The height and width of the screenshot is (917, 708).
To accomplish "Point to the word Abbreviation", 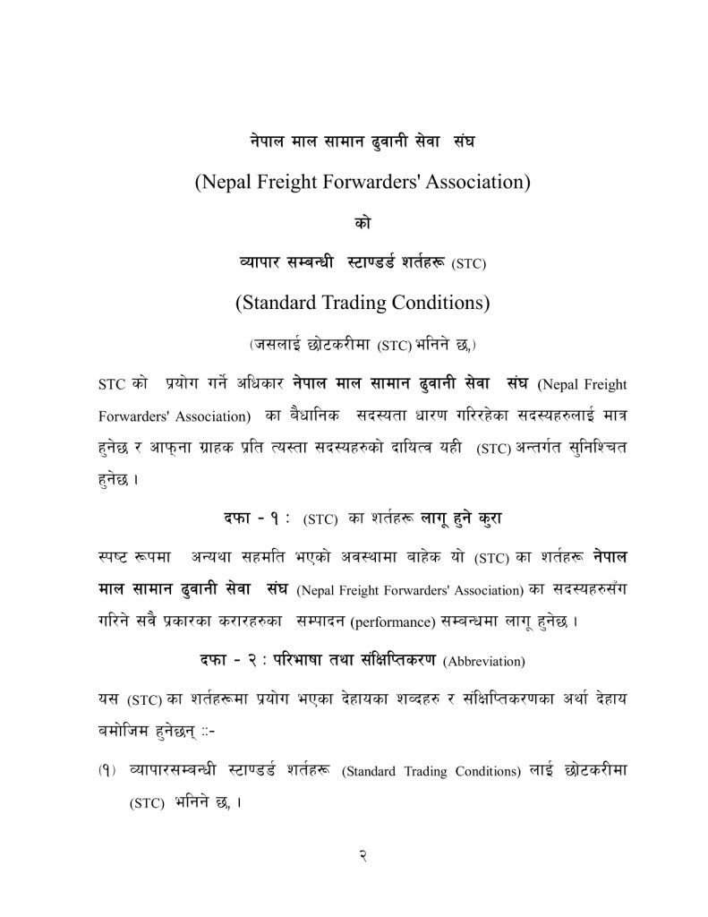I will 484,662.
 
